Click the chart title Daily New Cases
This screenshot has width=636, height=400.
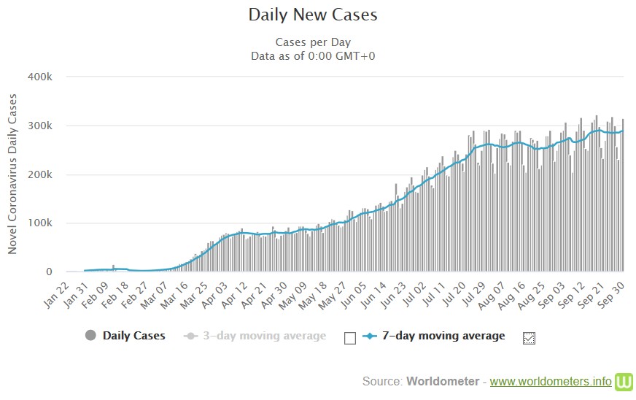313,15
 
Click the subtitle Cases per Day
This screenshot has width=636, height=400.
313,42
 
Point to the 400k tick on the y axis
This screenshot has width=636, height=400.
39,77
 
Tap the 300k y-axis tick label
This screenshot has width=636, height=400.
39,126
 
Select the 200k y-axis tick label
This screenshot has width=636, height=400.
39,174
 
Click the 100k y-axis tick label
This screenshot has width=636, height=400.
39,223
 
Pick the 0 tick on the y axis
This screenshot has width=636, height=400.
49,272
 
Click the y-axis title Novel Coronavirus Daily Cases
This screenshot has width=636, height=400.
12,174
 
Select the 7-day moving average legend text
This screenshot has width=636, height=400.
443,336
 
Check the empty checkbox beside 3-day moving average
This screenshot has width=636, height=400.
350,337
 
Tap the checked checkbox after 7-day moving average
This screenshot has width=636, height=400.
530,337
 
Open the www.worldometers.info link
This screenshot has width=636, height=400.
551,381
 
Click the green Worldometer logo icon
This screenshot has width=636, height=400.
624,381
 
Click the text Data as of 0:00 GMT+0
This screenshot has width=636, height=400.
313,55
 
